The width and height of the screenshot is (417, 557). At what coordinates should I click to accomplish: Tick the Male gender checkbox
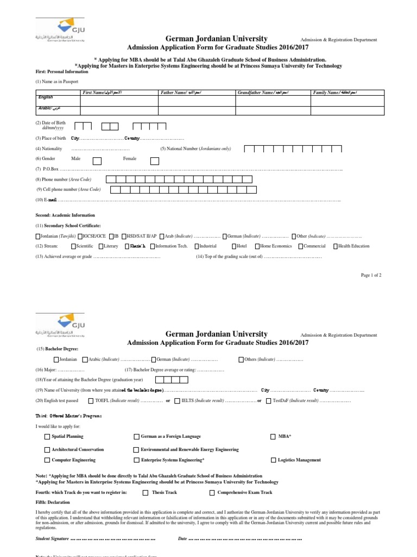coord(97,160)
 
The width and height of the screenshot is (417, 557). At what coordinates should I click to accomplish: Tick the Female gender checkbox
coord(155,160)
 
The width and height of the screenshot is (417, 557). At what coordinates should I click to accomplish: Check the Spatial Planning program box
coord(47,436)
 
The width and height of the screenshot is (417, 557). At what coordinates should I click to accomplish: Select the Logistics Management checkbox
coord(273,460)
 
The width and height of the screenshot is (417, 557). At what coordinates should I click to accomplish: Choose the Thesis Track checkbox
coord(146,492)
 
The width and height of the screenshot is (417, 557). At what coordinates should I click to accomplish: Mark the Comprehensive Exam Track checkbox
coord(212,492)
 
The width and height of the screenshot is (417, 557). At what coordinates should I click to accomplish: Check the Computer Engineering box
coord(47,460)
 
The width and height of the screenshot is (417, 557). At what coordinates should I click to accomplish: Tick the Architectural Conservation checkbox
coord(47,450)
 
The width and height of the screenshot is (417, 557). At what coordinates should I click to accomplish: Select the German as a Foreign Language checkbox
coord(136,436)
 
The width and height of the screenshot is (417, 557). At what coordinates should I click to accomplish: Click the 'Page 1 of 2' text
coord(371,275)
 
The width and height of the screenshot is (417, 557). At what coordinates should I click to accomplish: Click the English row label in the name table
coord(46,97)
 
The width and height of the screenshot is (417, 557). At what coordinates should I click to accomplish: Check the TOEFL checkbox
coord(90,400)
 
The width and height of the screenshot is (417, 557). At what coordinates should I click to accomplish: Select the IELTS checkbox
coord(176,400)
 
